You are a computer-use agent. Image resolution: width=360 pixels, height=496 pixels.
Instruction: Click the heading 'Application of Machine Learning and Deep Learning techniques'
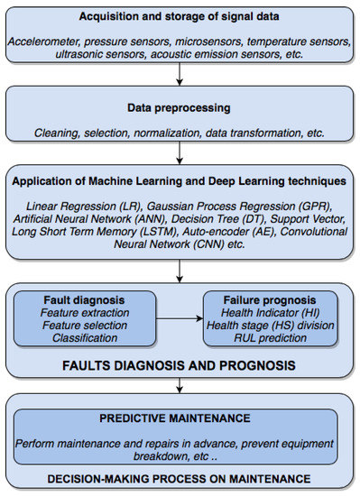[x=180, y=179]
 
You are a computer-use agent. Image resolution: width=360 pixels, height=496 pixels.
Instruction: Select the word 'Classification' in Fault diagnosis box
[x=71, y=337]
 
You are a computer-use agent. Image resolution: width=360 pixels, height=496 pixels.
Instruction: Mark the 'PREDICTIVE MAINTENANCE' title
[x=180, y=420]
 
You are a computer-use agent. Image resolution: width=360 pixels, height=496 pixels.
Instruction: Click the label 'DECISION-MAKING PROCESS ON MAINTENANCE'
[x=180, y=479]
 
